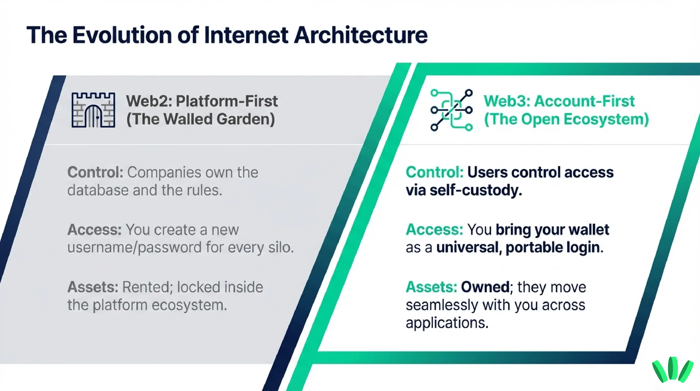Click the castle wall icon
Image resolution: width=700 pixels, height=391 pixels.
93,110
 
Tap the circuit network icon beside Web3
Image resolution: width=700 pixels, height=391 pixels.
451,110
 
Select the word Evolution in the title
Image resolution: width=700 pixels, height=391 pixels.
122,35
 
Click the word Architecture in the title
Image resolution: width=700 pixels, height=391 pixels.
361,35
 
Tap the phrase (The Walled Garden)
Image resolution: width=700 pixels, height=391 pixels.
200,119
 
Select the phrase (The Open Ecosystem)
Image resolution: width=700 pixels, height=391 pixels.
566,119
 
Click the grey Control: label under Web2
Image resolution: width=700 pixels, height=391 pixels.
95,172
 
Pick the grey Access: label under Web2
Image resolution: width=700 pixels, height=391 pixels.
94,229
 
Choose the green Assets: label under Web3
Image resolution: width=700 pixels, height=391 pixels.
431,287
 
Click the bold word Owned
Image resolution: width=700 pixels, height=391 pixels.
485,287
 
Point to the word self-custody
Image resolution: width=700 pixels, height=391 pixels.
476,190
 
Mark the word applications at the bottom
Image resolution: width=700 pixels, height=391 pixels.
447,323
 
